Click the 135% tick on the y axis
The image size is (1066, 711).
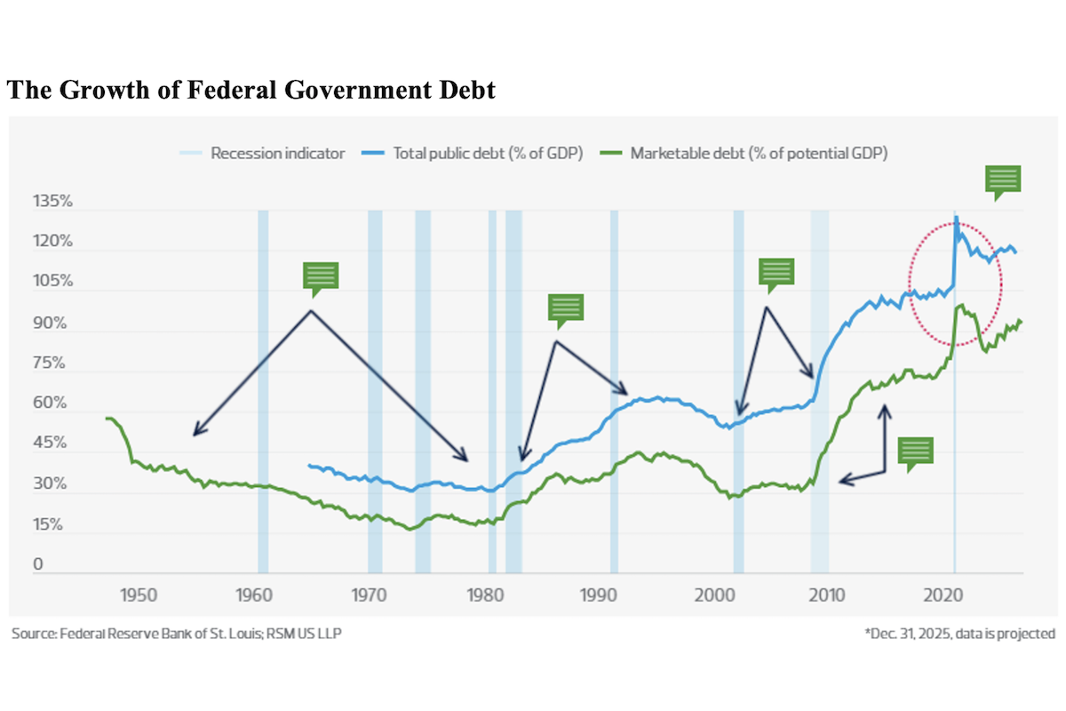pos(53,203)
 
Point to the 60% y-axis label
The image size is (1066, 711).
pos(52,403)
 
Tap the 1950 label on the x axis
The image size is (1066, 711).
pos(139,593)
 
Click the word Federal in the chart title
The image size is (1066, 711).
pos(236,92)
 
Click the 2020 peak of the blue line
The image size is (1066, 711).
pos(956,217)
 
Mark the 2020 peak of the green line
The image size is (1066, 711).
pos(960,306)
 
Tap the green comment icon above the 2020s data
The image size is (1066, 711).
pos(1003,180)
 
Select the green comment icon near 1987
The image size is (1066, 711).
pos(565,308)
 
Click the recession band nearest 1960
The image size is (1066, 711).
pos(263,391)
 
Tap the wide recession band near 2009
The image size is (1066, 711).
pos(819,391)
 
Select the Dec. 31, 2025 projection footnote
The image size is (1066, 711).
pos(959,634)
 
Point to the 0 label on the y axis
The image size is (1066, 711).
pos(37,563)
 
